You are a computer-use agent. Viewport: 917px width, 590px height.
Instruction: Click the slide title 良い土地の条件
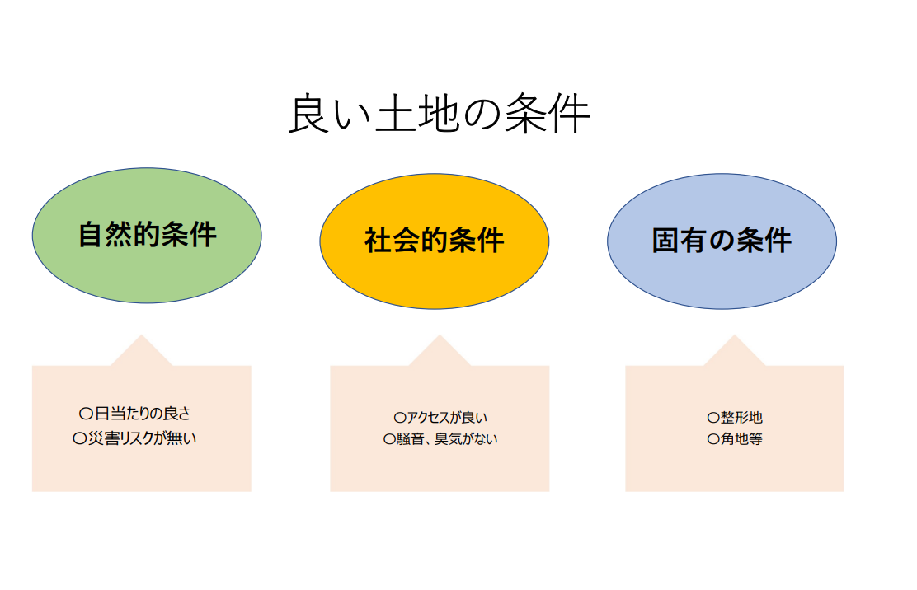click(440, 114)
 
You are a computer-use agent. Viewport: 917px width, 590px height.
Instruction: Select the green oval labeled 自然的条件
click(147, 236)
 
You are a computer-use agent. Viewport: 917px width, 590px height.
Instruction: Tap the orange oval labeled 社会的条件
click(435, 241)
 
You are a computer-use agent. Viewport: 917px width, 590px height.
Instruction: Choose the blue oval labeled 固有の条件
click(722, 241)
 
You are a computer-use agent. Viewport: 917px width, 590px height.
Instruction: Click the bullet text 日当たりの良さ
click(143, 414)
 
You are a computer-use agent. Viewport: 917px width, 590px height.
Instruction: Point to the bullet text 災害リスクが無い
click(142, 438)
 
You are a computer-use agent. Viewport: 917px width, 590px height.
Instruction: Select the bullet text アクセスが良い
click(448, 417)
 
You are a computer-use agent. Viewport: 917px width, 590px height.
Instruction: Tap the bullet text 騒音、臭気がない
click(448, 438)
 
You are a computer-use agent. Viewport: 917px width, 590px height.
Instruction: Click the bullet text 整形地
click(741, 417)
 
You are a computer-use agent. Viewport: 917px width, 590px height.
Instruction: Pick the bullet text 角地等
click(741, 438)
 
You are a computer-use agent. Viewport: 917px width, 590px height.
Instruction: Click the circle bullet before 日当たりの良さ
click(86, 414)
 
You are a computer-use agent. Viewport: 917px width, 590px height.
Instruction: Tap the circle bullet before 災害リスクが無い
click(79, 438)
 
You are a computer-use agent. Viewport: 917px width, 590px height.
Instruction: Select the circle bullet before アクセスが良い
click(400, 418)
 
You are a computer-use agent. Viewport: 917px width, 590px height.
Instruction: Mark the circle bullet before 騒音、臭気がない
click(389, 439)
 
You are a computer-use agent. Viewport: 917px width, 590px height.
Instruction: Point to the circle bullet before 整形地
click(712, 418)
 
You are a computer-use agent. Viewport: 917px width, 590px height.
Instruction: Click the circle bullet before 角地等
click(712, 439)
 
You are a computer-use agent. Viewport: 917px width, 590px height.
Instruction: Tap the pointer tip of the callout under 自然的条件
click(142, 335)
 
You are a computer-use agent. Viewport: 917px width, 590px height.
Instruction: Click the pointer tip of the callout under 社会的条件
click(440, 335)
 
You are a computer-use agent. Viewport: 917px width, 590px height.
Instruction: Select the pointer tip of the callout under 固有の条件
click(735, 335)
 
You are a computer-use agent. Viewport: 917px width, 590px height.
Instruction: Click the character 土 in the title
click(395, 114)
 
